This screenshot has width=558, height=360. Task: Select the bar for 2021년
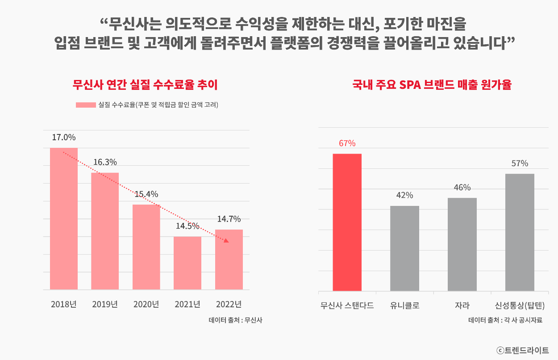click(x=187, y=263)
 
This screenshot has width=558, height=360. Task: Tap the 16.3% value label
click(x=105, y=162)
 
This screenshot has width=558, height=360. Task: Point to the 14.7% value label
click(x=229, y=219)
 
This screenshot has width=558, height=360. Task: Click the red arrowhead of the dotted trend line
click(x=226, y=241)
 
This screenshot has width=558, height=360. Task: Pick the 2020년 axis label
click(x=146, y=305)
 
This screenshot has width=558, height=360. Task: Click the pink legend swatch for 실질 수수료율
click(x=86, y=105)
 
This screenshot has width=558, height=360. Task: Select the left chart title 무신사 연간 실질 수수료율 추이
click(x=145, y=84)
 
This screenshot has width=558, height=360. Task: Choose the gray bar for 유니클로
click(x=404, y=248)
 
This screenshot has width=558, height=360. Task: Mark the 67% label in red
click(x=347, y=143)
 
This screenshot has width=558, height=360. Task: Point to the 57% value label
click(x=520, y=163)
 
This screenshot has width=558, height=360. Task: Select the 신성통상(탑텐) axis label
click(x=520, y=306)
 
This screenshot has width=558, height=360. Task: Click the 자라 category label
click(x=462, y=306)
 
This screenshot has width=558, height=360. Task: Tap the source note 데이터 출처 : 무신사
click(x=235, y=320)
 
